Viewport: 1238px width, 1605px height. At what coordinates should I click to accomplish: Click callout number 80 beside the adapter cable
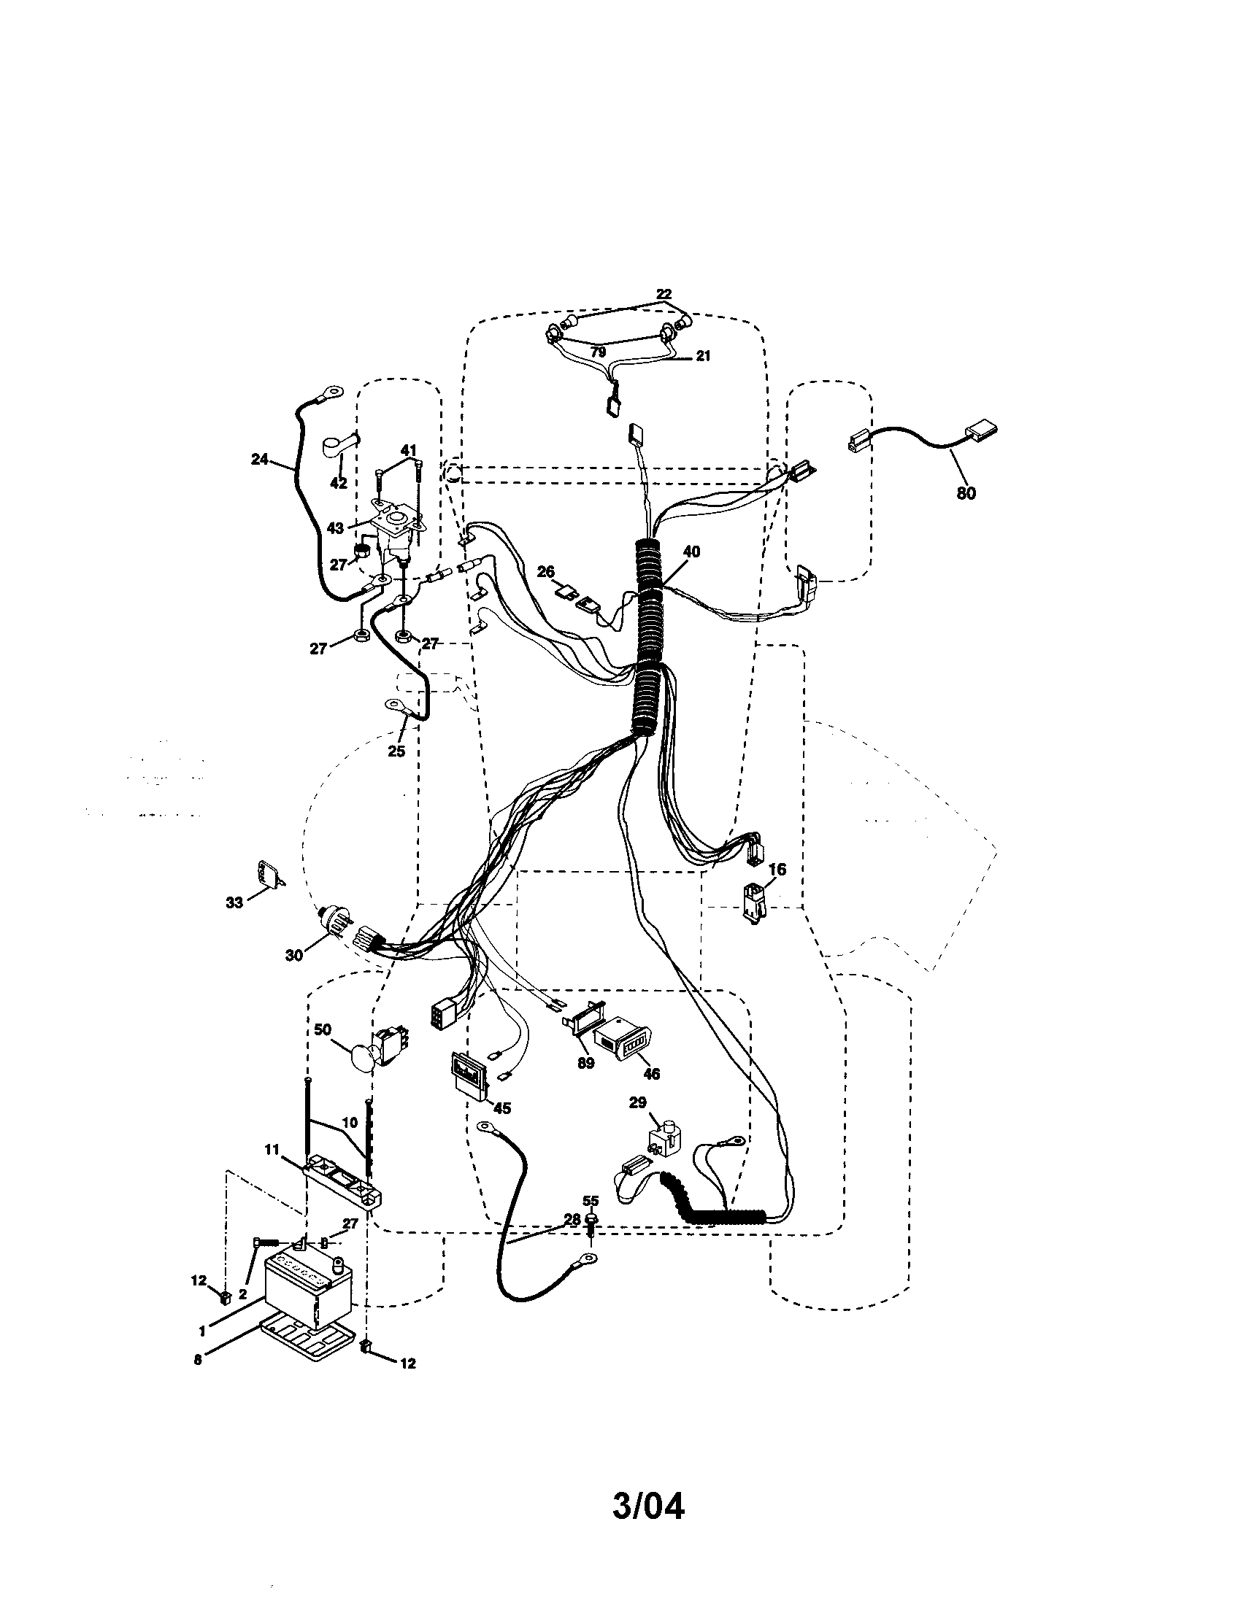pos(966,493)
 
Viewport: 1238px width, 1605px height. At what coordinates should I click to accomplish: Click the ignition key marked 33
pos(269,873)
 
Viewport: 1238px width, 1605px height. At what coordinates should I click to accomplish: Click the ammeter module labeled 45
pos(469,1075)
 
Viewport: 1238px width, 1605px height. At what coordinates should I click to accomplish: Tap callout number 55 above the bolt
pos(591,1200)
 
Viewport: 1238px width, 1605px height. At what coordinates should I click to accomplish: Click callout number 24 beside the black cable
pos(260,460)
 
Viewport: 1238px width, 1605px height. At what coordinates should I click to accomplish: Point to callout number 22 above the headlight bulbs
pos(663,294)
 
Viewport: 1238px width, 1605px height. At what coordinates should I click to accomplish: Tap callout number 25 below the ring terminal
pos(396,751)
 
